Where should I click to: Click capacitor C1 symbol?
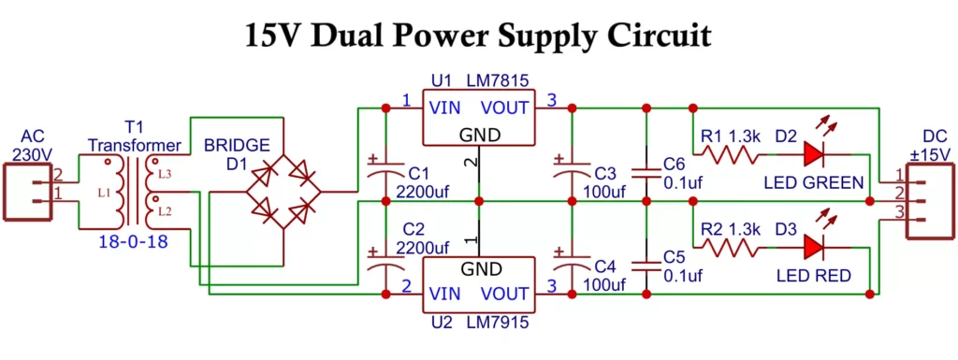[385, 173]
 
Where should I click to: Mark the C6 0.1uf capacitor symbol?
[646, 173]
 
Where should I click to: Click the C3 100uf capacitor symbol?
[570, 173]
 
